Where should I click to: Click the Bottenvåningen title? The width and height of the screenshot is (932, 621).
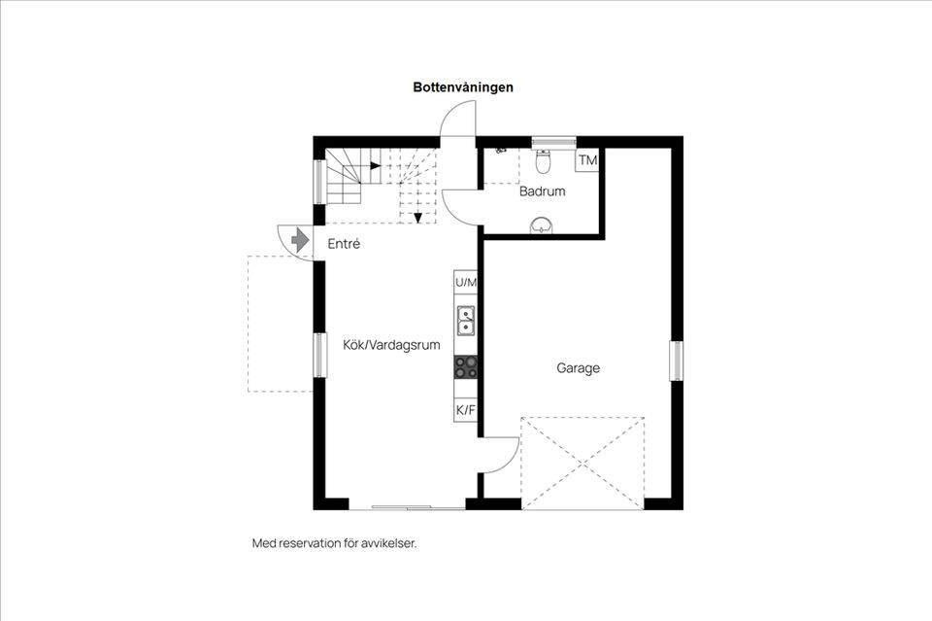[463, 87]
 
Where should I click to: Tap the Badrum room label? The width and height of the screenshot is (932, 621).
[542, 192]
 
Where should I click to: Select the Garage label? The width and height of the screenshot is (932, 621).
[578, 368]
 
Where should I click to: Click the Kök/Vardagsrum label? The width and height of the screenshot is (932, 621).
[391, 344]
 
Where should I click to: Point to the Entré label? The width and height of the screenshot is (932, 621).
[344, 244]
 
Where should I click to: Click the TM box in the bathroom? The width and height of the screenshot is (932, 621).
[587, 160]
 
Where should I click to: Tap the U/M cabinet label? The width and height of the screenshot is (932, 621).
[466, 283]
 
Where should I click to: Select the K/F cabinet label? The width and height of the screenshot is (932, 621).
[466, 410]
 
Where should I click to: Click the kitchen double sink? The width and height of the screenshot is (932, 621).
[466, 318]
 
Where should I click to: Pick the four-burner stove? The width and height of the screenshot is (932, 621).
[466, 366]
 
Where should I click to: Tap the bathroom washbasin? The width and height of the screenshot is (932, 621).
[542, 226]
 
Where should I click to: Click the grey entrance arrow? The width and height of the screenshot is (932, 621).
[299, 239]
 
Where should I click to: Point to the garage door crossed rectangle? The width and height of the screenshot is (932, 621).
[582, 463]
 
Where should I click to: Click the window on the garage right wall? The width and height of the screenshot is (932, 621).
[676, 360]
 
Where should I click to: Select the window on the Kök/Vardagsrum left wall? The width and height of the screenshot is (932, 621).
[317, 355]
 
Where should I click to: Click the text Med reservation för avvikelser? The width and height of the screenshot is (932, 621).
[334, 543]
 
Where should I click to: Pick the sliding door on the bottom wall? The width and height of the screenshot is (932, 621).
[407, 506]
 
